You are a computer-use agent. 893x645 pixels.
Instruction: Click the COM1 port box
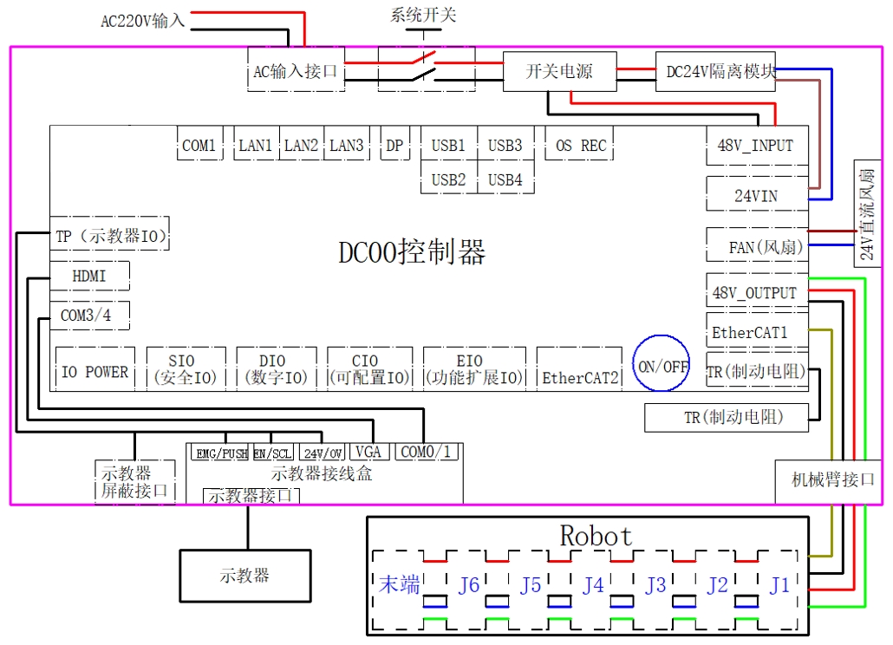pyautogui.click(x=199, y=145)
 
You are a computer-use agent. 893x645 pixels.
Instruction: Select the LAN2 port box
pyautogui.click(x=301, y=145)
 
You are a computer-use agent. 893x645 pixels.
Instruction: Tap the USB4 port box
pyautogui.click(x=505, y=179)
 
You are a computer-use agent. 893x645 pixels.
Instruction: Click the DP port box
pyautogui.click(x=394, y=145)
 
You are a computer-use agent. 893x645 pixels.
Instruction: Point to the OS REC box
pyautogui.click(x=581, y=145)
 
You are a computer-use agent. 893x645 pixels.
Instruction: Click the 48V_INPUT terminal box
pyautogui.click(x=755, y=145)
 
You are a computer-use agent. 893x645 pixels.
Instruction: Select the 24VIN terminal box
pyautogui.click(x=756, y=196)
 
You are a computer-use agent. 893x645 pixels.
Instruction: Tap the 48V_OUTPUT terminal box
pyautogui.click(x=754, y=293)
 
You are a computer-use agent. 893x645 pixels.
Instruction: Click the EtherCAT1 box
pyautogui.click(x=750, y=332)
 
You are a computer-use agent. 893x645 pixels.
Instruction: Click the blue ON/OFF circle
pyautogui.click(x=663, y=366)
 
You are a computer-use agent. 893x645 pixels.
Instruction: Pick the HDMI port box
pyautogui.click(x=89, y=277)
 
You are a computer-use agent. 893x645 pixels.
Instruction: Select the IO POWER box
pyautogui.click(x=95, y=372)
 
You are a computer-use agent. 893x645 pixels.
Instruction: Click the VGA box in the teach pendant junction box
pyautogui.click(x=368, y=453)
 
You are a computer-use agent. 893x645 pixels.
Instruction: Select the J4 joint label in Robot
pyautogui.click(x=593, y=585)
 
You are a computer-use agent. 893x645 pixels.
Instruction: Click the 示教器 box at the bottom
pyautogui.click(x=244, y=575)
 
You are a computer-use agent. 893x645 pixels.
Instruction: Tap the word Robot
pyautogui.click(x=596, y=536)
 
